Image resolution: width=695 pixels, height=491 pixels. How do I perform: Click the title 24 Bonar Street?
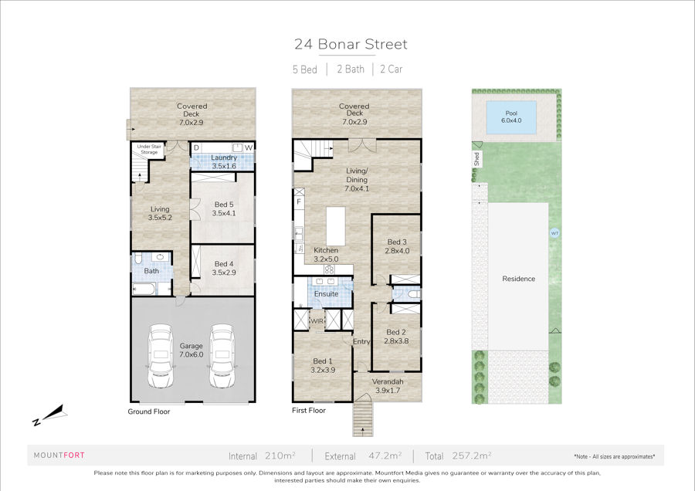(x=351, y=44)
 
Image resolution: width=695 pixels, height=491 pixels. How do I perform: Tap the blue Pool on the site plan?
(x=511, y=117)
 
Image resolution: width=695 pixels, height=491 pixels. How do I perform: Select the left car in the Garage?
(x=161, y=355)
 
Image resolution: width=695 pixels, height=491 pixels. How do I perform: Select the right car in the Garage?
(x=222, y=355)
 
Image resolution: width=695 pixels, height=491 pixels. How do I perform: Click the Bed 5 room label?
(x=224, y=205)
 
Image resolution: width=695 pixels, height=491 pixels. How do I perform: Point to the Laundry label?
(x=224, y=157)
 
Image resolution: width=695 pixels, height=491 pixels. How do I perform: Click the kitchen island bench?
(x=336, y=226)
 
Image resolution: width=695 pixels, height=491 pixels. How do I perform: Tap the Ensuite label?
(x=326, y=294)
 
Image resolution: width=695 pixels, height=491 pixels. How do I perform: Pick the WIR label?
(x=317, y=321)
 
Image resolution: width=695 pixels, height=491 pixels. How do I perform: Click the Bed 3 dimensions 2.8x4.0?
(x=397, y=251)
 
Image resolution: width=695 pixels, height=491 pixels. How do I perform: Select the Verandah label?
(x=388, y=381)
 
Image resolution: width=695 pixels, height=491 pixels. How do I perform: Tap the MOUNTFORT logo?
(x=59, y=455)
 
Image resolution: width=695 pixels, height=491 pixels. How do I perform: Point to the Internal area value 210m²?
(x=280, y=455)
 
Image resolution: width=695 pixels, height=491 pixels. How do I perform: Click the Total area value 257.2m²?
(x=472, y=455)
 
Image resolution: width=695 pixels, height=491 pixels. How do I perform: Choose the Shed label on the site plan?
(x=476, y=158)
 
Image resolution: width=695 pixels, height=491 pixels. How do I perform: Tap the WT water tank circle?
(x=554, y=233)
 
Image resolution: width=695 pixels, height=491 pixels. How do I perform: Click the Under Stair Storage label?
(x=149, y=149)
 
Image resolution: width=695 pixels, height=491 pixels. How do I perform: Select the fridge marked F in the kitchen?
(x=299, y=201)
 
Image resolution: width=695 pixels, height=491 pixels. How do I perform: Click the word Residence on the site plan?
(x=519, y=279)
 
